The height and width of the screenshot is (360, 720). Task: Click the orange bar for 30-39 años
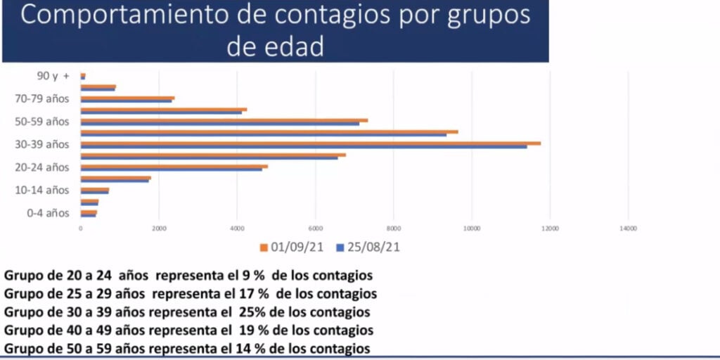(x=309, y=143)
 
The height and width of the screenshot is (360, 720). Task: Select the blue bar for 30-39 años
(x=302, y=146)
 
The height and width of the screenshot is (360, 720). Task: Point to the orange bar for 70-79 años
(x=127, y=98)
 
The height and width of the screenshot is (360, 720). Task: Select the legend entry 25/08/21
(x=368, y=247)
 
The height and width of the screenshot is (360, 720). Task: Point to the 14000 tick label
(x=627, y=229)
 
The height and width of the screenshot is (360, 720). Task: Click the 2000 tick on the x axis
(x=159, y=229)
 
